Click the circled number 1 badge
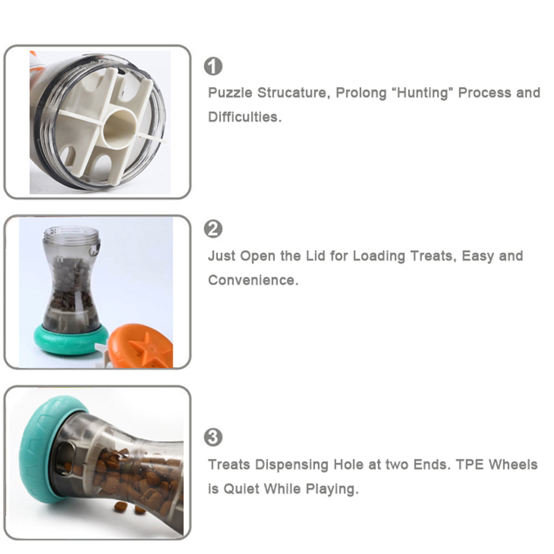(213, 66)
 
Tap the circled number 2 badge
(213, 229)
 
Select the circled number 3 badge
(213, 437)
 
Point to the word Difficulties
(244, 117)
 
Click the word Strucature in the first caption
(294, 93)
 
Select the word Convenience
(253, 280)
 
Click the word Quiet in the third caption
(242, 489)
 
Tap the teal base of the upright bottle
(71, 340)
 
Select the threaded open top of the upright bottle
(71, 234)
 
